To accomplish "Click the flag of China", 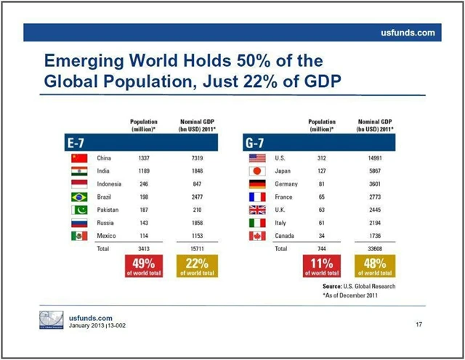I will point(78,157).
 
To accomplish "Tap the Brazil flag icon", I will point(78,197).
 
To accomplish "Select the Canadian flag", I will point(258,236).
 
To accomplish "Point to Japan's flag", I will point(258,171).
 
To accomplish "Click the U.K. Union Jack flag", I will point(258,210).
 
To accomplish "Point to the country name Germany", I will point(287,184).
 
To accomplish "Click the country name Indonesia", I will point(109,184).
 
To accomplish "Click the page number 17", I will point(418,324).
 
